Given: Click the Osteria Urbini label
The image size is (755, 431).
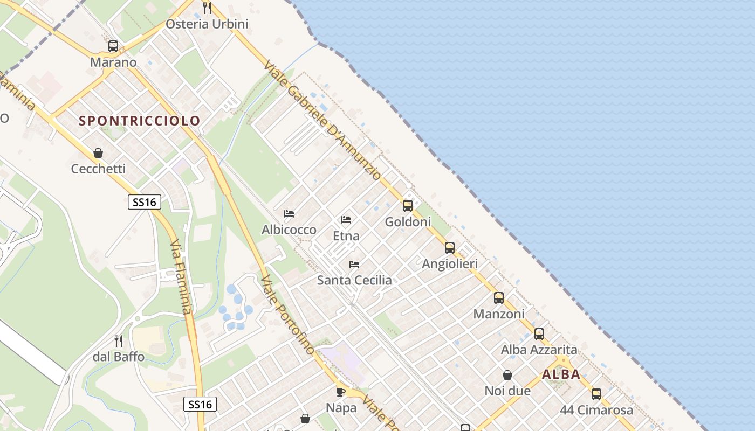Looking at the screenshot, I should coord(207,24).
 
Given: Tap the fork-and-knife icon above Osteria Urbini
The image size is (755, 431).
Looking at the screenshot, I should coord(207,8).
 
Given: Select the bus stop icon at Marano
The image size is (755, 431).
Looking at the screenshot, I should coord(113,46).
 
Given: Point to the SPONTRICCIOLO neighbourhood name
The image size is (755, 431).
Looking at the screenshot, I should coord(140,121).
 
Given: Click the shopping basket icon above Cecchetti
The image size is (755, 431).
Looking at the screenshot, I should coord(98,154).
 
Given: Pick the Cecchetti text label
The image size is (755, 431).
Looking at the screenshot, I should coord(98,169).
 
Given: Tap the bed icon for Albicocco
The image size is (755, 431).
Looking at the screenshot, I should coord(289,214).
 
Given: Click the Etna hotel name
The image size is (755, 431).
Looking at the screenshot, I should coord(346,236).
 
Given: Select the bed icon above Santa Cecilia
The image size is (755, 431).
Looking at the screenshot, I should coord(354,265).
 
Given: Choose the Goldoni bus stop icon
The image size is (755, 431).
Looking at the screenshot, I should coord(408,206).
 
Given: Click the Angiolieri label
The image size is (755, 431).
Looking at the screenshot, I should coord(450,264).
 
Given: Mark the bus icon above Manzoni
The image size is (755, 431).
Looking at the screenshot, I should coord(499,298).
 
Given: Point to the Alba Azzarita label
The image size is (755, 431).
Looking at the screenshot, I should coord(539,350).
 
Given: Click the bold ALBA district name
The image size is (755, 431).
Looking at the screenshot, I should coord(561,374).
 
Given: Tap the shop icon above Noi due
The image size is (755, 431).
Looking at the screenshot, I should coord(507,375).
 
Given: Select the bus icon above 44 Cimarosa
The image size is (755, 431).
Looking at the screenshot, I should coord(596,394).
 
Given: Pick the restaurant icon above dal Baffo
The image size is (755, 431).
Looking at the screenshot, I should coord(119,340).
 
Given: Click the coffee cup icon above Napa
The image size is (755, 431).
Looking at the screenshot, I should coord(341,392).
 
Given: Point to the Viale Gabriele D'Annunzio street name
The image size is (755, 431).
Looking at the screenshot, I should coord(323,120).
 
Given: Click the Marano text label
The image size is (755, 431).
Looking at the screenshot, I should coord(113,62).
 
